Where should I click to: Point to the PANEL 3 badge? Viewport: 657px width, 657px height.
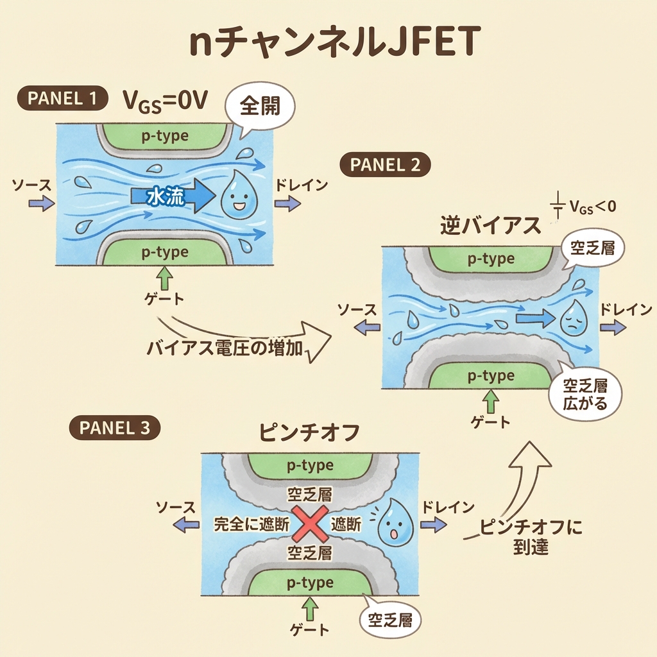[x=114, y=427]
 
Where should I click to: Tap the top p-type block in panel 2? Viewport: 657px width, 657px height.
[x=490, y=259]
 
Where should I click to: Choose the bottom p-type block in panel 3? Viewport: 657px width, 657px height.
[x=311, y=583]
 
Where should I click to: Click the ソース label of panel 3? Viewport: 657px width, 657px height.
[x=176, y=508]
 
